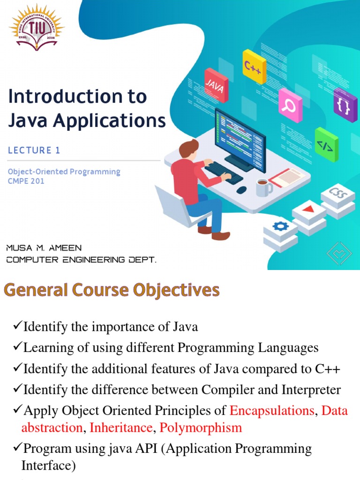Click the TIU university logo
point(37,26)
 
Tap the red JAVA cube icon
point(216,85)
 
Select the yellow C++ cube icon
point(254,67)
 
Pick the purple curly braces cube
point(345,105)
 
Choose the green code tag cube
point(326,144)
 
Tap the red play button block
point(308,210)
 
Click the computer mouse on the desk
point(241,190)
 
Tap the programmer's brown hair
point(188,147)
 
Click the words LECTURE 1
point(34,150)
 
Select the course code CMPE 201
point(26,181)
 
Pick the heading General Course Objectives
point(112,290)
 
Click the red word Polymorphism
point(201,427)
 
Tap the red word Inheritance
point(121,427)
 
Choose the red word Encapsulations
point(271,411)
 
